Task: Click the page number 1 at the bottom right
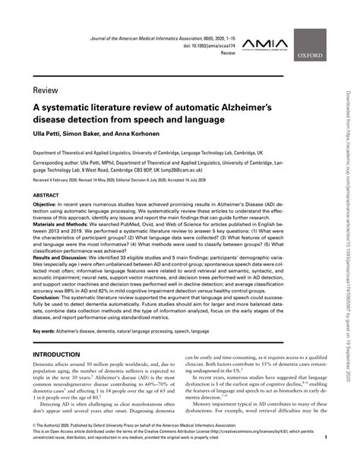(326, 459)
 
